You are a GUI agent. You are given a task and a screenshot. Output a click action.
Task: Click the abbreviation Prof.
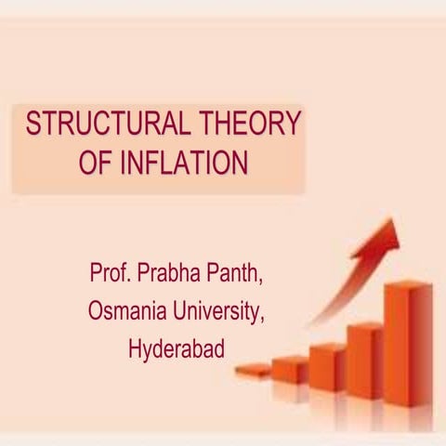coord(110,275)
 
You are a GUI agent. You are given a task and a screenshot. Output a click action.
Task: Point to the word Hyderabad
coord(177,351)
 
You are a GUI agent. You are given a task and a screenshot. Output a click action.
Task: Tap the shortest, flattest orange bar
coord(252,371)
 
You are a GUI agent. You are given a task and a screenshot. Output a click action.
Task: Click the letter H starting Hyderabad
coord(136,351)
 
